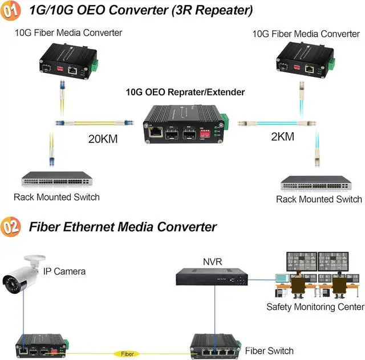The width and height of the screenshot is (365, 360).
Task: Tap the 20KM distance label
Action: point(103,138)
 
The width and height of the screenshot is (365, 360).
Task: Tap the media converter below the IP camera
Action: point(43,343)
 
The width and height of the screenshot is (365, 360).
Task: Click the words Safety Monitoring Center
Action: point(315,307)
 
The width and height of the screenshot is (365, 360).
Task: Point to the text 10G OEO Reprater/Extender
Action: point(185,92)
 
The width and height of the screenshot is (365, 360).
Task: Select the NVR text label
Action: point(212,261)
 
